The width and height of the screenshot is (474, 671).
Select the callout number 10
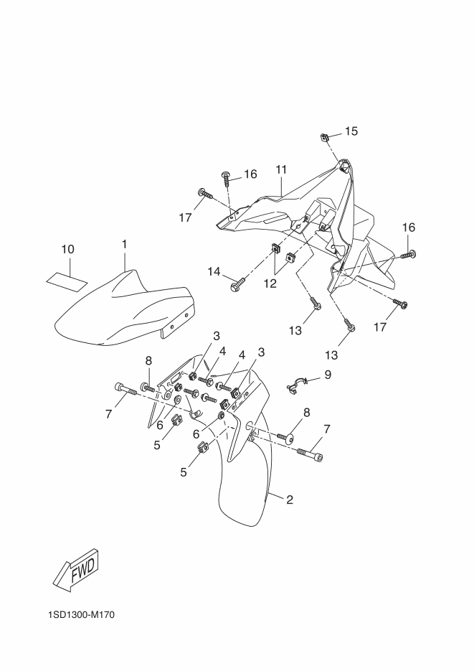tap(67, 249)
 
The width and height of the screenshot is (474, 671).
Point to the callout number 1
tap(124, 245)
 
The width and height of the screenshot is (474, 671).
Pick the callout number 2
tap(290, 499)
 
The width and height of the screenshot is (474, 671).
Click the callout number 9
tap(327, 374)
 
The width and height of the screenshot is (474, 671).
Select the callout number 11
tap(281, 169)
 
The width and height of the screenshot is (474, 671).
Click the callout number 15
tap(351, 131)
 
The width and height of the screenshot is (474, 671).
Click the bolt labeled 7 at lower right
tap(308, 452)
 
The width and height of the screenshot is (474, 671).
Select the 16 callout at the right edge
tap(408, 227)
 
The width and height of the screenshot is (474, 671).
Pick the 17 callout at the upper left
tap(185, 217)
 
